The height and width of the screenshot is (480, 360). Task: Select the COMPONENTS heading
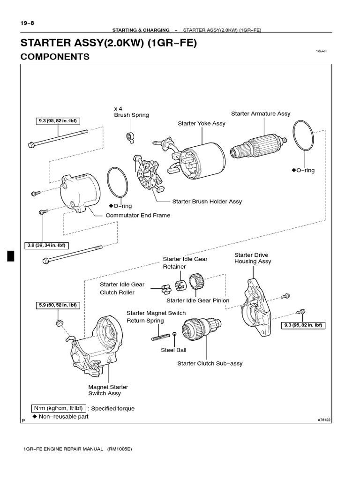coord(55,57)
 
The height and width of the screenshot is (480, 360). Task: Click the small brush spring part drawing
coord(131,136)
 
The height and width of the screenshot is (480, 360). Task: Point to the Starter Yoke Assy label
coord(202,123)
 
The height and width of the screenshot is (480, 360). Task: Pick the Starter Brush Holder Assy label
coord(207,202)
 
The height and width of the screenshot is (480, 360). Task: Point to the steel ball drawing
coord(174,334)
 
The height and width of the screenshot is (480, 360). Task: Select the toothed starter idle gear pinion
coord(196,283)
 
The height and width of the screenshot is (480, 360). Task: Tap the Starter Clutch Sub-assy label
coord(210,363)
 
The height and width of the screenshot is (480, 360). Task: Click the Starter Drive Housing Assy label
coord(253,258)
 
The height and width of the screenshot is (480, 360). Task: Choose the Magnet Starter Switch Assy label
coord(108,390)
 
